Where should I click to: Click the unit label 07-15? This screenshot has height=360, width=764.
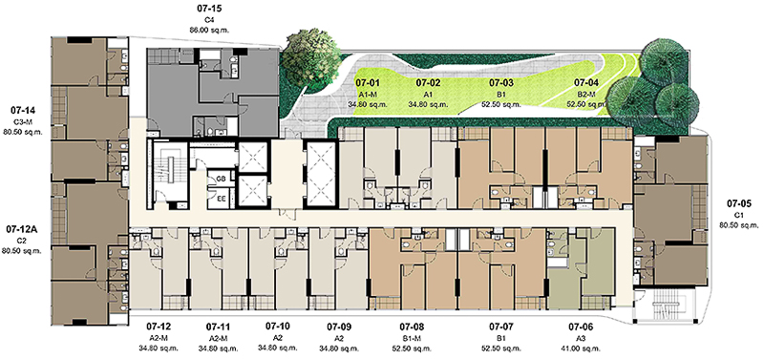tap(208, 9)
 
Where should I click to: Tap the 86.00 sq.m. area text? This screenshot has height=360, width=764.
tap(209, 30)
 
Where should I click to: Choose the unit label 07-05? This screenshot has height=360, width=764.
tap(739, 203)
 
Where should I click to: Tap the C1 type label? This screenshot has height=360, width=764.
tap(739, 215)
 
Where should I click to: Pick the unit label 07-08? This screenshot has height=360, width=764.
tap(412, 326)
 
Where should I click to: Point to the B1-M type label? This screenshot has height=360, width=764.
tap(412, 338)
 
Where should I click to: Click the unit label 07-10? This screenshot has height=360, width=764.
tap(278, 326)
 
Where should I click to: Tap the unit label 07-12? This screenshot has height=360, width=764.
tap(159, 326)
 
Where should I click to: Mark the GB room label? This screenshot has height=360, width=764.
tap(220, 180)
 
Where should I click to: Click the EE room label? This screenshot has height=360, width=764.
tap(220, 199)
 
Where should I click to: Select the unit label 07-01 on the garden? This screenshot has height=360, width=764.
tap(368, 82)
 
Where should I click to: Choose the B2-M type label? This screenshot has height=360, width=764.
tap(586, 94)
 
